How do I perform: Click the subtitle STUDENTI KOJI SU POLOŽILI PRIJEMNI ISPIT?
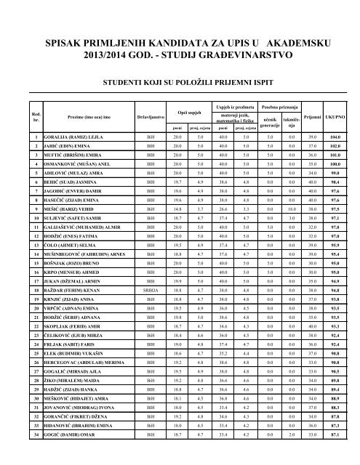(180, 84)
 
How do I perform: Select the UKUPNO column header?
(335, 115)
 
